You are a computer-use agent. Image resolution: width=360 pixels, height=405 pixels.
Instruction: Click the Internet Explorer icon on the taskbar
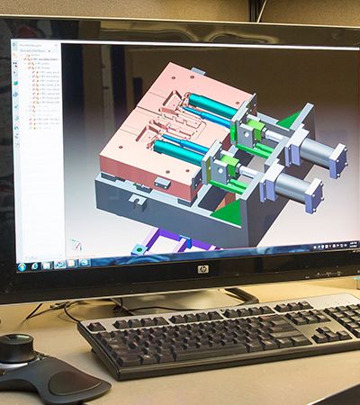pyautogui.click(x=43, y=264)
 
